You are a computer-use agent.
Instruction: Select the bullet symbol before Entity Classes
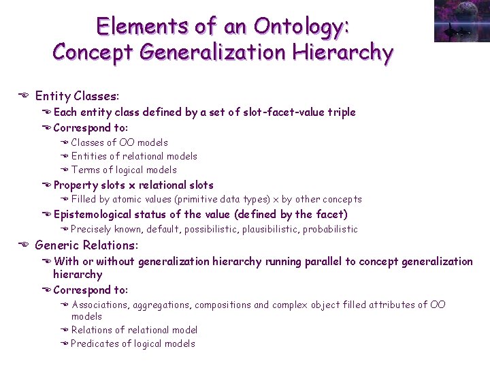pyautogui.click(x=23, y=97)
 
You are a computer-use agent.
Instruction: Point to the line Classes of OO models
pyautogui.click(x=119, y=142)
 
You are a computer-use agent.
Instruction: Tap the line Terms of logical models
pyautogui.click(x=123, y=170)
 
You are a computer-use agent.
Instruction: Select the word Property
pyautogui.click(x=76, y=185)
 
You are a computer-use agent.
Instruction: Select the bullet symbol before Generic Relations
pyautogui.click(x=23, y=245)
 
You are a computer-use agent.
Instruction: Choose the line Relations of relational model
pyautogui.click(x=134, y=330)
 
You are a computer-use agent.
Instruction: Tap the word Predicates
pyautogui.click(x=95, y=343)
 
